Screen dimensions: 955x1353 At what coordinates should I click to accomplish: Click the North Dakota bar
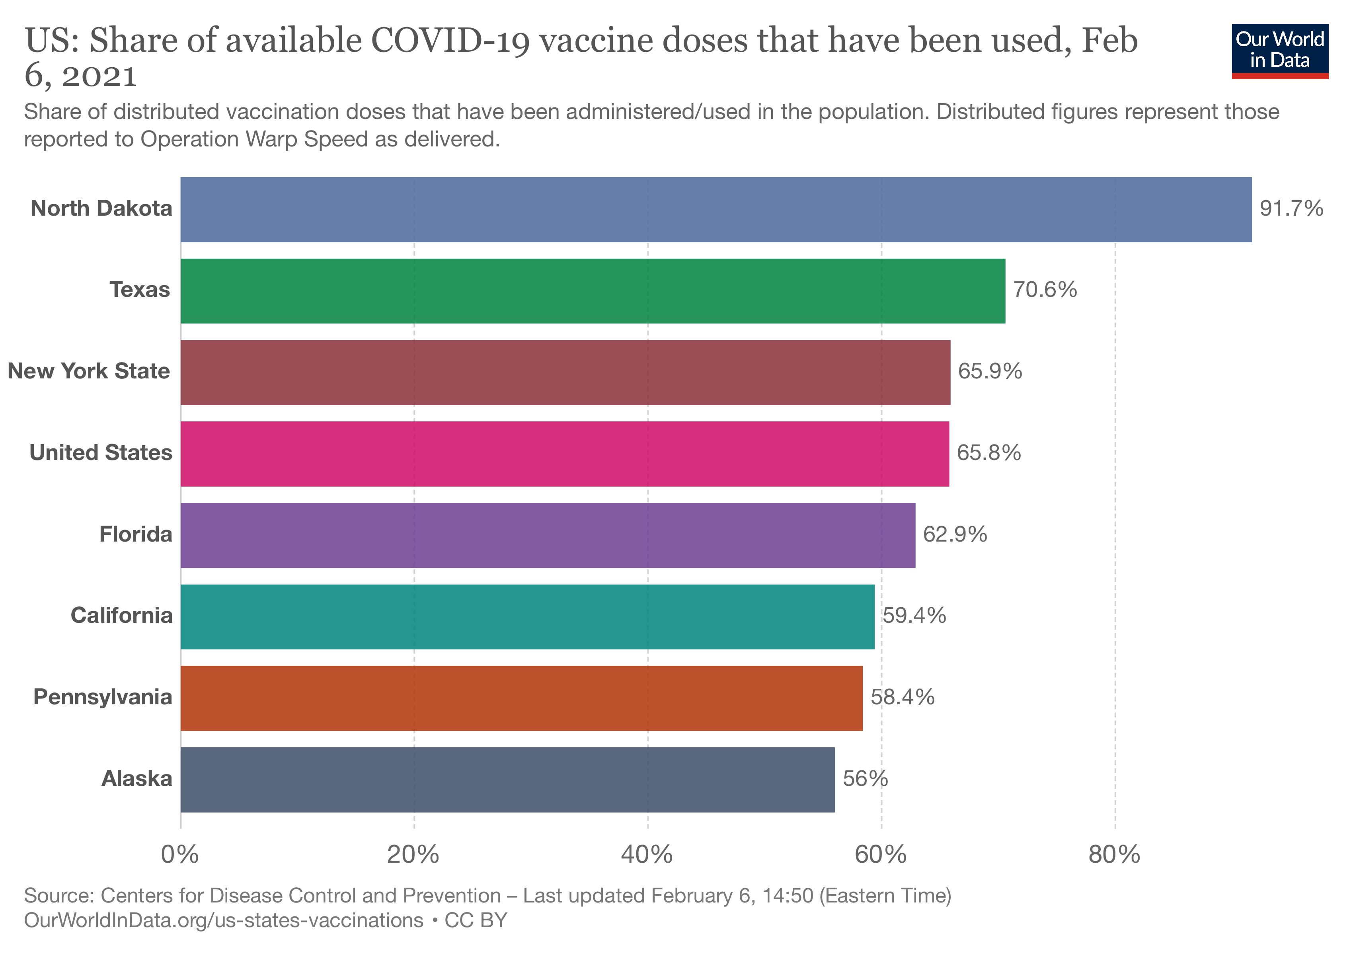click(x=715, y=209)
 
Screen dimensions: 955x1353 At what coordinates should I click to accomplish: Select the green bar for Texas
click(x=592, y=290)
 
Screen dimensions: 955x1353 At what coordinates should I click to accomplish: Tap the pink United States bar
click(x=565, y=454)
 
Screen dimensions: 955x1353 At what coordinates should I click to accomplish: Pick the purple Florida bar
click(x=548, y=535)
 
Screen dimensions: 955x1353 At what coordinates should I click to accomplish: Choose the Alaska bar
click(x=507, y=780)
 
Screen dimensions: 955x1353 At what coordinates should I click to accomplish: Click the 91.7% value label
click(x=1291, y=209)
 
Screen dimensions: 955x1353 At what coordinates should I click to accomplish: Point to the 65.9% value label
click(x=989, y=371)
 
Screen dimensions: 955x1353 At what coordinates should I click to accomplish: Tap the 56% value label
click(x=864, y=779)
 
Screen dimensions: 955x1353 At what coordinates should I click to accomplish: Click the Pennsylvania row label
click(x=103, y=697)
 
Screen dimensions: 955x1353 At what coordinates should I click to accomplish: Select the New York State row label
click(x=89, y=371)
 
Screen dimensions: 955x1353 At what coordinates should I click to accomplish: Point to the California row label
click(x=121, y=616)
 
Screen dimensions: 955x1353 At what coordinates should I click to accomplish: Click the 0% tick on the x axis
click(x=180, y=854)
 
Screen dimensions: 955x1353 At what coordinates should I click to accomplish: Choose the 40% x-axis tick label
click(x=647, y=854)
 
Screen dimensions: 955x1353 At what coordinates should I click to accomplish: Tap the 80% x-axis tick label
click(x=1114, y=854)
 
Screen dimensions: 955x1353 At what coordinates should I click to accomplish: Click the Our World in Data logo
click(x=1280, y=51)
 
